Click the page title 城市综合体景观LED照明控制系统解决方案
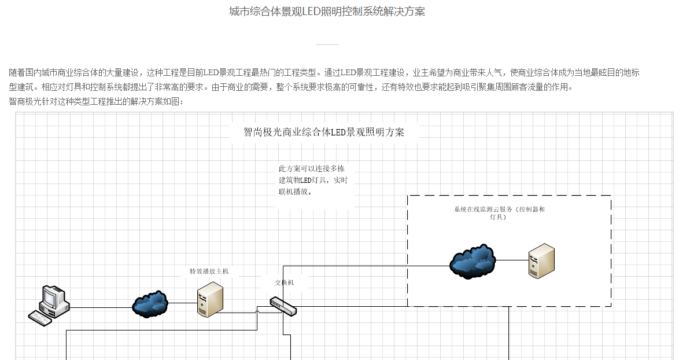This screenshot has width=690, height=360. point(327,12)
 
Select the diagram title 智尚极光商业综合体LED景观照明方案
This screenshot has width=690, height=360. point(324,132)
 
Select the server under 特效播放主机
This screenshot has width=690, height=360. point(210,300)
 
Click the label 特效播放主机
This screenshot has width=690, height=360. point(209,271)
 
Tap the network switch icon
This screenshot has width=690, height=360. point(283,306)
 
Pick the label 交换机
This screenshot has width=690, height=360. point(284,282)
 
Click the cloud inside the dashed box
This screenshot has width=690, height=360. point(473,261)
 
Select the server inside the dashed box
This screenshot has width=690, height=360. point(541,261)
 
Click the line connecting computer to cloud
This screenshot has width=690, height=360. point(101,308)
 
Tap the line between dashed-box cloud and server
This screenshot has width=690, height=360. point(512,260)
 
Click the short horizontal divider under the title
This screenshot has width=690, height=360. point(327,44)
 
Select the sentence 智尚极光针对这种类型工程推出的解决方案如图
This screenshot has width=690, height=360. point(96,102)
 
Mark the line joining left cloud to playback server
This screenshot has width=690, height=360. point(182,303)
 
